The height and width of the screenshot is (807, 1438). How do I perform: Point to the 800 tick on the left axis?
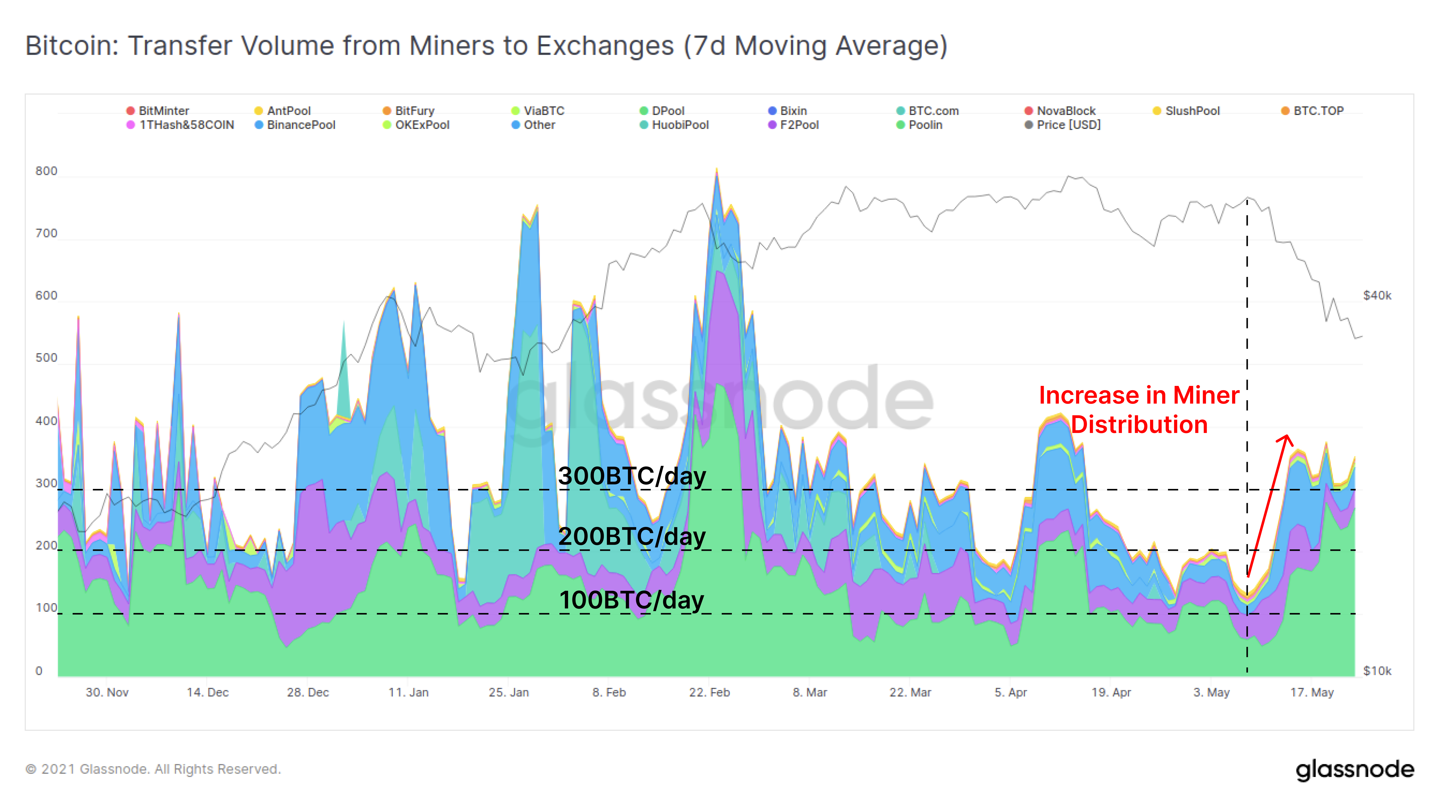[46, 171]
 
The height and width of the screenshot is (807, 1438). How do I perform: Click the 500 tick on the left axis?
[46, 358]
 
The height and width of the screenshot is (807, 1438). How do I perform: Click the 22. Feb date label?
[709, 693]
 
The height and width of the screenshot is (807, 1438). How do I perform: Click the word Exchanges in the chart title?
[605, 46]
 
